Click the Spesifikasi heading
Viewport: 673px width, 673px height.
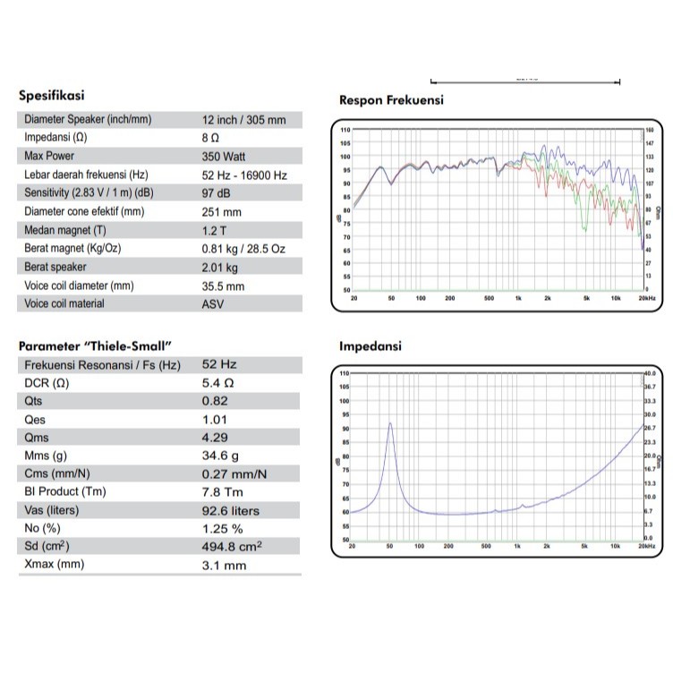coord(52,96)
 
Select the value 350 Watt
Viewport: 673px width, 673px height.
coord(226,156)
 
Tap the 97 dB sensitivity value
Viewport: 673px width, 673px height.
coord(217,192)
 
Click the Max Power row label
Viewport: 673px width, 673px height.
coord(49,156)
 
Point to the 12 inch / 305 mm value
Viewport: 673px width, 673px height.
coord(244,119)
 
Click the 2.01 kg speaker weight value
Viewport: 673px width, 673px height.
coord(220,267)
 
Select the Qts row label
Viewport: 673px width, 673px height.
coord(34,401)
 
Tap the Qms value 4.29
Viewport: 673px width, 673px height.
coord(215,438)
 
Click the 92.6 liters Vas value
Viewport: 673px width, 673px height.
coord(230,510)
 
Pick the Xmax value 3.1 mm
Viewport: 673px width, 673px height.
coord(223,565)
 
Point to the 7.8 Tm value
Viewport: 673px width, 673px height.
coord(220,491)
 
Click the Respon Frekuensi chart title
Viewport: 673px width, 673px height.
coord(391,100)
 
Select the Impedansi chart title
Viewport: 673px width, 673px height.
coord(371,345)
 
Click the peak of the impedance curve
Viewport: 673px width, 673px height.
coord(390,423)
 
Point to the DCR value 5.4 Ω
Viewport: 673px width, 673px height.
coord(218,383)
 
